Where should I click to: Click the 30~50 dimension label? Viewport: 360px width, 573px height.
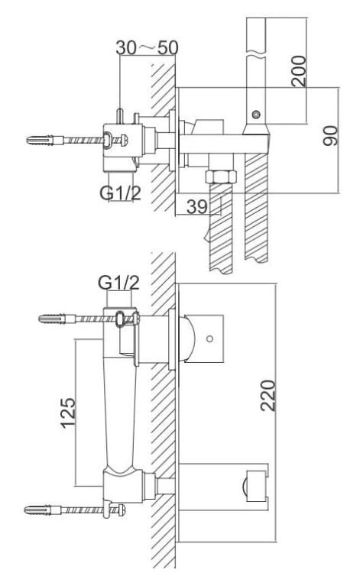point(147,47)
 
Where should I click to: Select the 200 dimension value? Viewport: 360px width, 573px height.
point(300,70)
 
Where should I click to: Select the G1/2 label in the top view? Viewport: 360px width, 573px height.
point(120,193)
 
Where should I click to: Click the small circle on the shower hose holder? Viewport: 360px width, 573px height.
point(255,115)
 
